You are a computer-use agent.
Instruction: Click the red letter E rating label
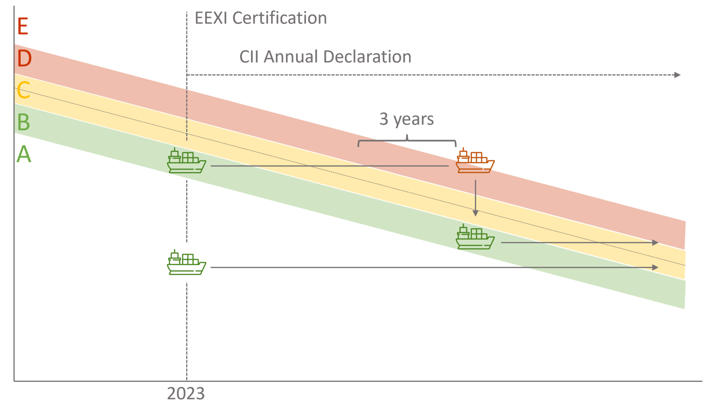tap(23, 27)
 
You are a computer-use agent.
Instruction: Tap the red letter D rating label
tap(24, 58)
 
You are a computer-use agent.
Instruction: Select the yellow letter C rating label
tap(24, 90)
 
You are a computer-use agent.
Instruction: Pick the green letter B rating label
tap(24, 122)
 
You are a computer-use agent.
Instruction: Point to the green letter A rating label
tap(24, 154)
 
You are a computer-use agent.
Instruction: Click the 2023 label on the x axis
tap(186, 394)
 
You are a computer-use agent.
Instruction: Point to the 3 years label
tap(406, 119)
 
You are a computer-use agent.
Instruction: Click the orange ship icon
tap(475, 161)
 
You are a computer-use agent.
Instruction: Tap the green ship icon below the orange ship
tap(475, 237)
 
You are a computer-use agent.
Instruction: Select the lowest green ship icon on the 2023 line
tap(186, 263)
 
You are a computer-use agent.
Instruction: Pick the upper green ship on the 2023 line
tap(186, 161)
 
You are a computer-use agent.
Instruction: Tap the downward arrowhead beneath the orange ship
tap(475, 213)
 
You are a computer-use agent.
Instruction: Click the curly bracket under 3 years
tap(407, 141)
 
